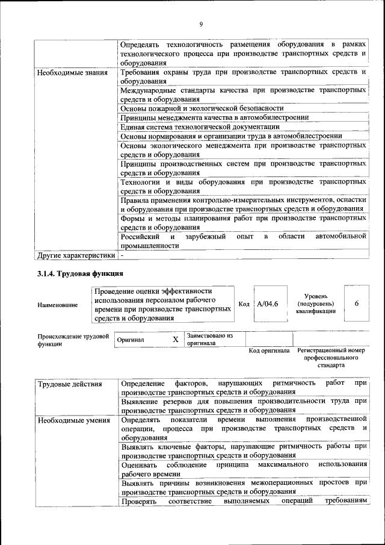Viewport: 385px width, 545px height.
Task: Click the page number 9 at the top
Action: click(201, 24)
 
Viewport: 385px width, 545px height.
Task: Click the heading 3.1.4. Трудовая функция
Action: click(81, 274)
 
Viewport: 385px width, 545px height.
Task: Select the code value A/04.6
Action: click(268, 304)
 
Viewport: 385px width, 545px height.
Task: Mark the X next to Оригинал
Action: click(176, 340)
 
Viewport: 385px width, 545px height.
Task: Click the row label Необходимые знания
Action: click(72, 73)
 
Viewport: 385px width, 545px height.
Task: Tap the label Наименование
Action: click(57, 305)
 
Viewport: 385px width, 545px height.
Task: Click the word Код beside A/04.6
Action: click(244, 304)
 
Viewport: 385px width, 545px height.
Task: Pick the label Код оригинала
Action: click(269, 350)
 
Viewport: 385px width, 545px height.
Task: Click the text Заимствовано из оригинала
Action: click(209, 339)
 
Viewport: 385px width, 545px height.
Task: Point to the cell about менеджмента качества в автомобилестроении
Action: click(215, 117)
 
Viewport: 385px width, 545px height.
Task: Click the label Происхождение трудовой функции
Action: click(72, 339)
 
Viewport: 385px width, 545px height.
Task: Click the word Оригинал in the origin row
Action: click(131, 340)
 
